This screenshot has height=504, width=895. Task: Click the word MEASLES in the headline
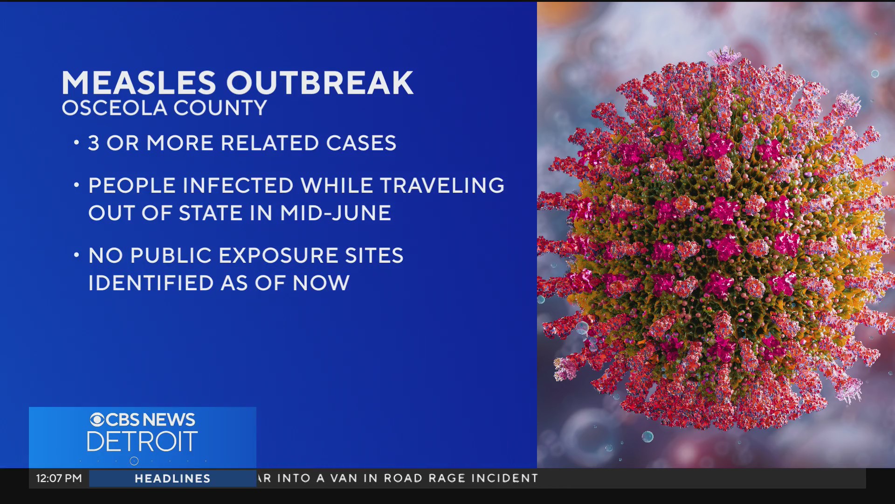(139, 84)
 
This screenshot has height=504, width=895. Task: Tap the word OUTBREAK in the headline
(320, 84)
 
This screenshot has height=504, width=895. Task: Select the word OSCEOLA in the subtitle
(114, 108)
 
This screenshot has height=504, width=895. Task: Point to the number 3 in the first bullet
(94, 143)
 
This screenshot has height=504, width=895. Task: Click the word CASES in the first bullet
(361, 143)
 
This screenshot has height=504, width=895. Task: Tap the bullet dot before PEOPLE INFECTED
(76, 185)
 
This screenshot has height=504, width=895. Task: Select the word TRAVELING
(442, 186)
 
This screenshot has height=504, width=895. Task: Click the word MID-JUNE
(335, 213)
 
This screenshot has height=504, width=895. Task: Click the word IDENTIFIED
(150, 283)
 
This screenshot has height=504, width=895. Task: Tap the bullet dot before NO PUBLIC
(76, 255)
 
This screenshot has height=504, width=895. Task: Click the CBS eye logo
(97, 420)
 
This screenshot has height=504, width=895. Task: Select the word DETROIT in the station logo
(142, 442)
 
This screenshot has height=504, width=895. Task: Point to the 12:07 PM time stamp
(59, 478)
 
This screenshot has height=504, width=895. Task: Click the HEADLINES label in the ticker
(172, 478)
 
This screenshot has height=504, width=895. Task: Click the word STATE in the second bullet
(211, 213)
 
